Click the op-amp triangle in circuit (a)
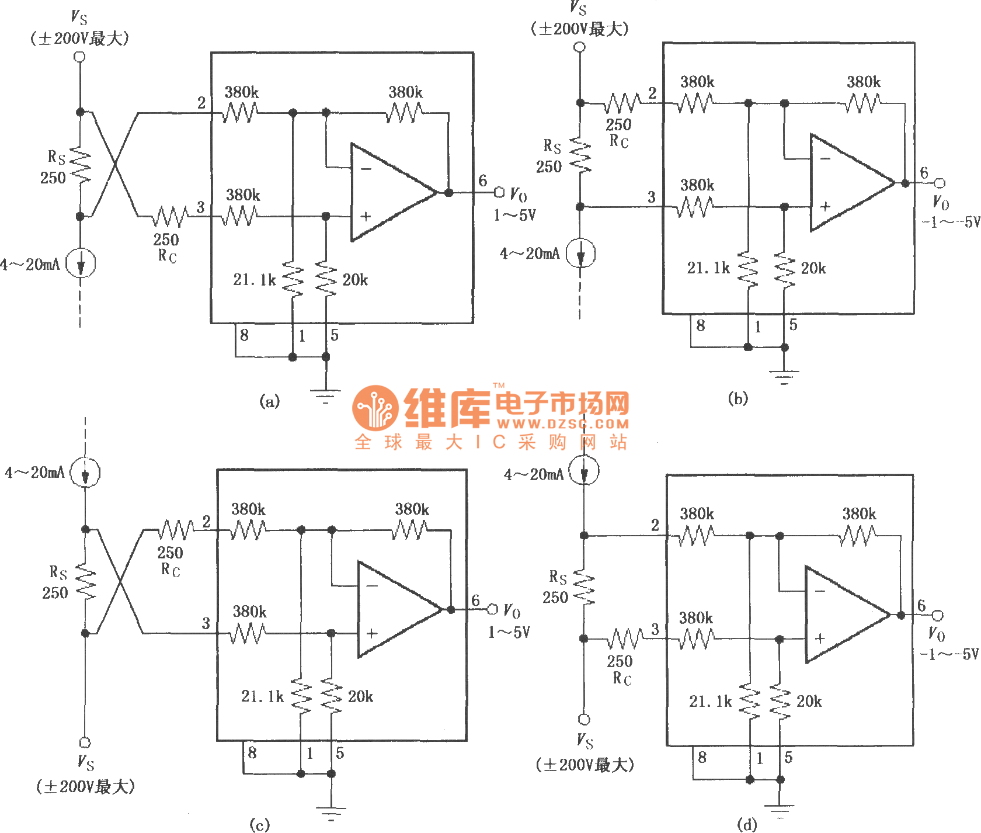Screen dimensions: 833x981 point(388,192)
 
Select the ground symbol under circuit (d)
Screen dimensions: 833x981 point(780,810)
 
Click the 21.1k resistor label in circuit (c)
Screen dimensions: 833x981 point(262,696)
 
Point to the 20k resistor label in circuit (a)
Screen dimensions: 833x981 point(355,280)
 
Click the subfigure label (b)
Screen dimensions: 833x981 point(738,398)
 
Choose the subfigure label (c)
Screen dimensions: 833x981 point(260,824)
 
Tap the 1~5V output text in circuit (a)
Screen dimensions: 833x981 point(514,216)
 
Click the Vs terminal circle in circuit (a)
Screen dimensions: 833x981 point(80,57)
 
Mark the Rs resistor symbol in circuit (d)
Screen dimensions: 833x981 point(584,587)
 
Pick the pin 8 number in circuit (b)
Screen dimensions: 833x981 point(701,325)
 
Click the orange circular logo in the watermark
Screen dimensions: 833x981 point(375,408)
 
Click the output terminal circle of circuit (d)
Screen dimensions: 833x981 point(937,615)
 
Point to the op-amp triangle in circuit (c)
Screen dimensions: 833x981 point(395,609)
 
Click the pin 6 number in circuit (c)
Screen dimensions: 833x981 point(476,601)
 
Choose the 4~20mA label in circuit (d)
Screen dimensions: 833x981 point(534,474)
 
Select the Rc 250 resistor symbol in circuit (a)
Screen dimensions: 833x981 point(170,217)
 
